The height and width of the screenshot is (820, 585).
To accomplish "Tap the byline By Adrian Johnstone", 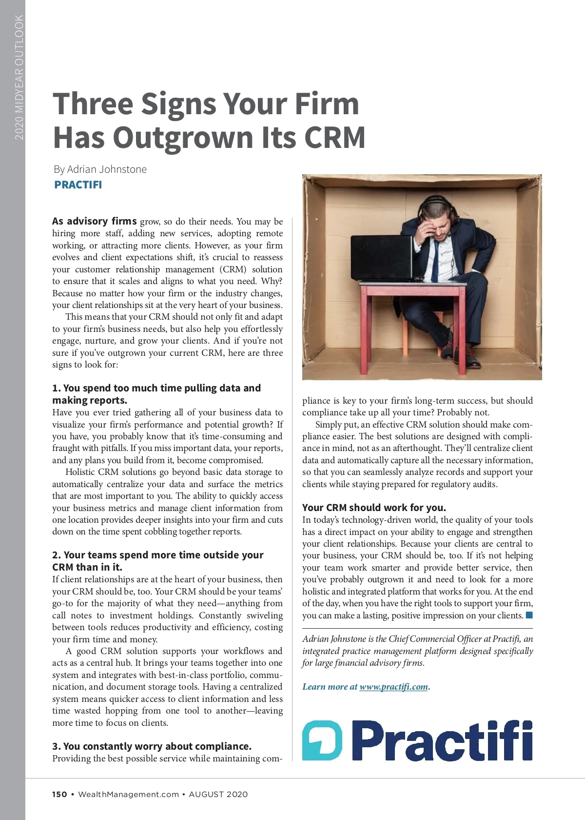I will tap(100, 169).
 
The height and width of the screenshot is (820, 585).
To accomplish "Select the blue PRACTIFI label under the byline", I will tap(78, 185).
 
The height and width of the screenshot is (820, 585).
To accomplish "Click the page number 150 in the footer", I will tap(59, 794).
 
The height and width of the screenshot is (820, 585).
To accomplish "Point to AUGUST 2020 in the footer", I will tap(218, 794).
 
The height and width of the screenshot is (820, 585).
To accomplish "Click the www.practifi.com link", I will tap(393, 687).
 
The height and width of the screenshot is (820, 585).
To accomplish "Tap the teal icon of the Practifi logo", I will tap(322, 740).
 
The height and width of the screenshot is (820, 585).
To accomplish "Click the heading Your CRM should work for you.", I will tap(374, 508).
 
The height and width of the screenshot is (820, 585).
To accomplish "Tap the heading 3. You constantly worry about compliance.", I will tap(152, 746).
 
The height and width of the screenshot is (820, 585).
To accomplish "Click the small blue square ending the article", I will tap(529, 615).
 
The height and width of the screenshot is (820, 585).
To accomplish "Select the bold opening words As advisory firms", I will tap(94, 221).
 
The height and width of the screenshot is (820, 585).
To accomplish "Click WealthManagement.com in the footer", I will tap(128, 794).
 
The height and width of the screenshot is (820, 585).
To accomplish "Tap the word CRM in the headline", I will tap(334, 138).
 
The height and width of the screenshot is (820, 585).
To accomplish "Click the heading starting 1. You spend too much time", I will tap(156, 394).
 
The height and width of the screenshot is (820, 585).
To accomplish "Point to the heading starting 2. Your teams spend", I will tap(157, 561).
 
